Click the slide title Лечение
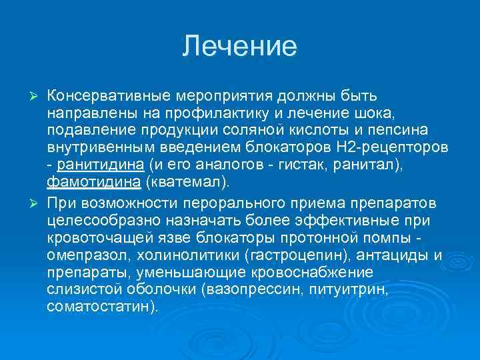click(x=240, y=46)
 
